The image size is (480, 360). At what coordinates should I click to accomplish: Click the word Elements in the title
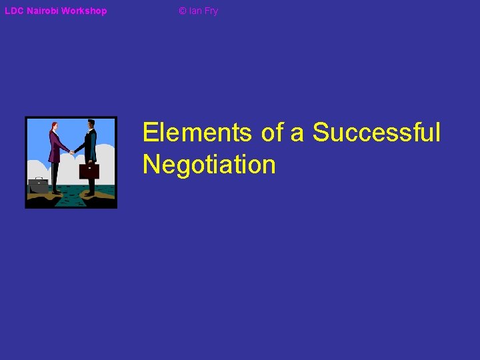pyautogui.click(x=197, y=132)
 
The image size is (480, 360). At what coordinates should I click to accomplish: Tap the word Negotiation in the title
pyautogui.click(x=209, y=164)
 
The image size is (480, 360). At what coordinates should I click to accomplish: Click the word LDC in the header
pyautogui.click(x=14, y=11)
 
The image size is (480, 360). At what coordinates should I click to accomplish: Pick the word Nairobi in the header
pyautogui.click(x=42, y=11)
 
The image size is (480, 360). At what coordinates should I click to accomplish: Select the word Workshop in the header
pyautogui.click(x=84, y=11)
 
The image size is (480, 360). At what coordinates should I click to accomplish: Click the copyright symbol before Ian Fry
pyautogui.click(x=183, y=11)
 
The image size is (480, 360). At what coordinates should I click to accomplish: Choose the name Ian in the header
pyautogui.click(x=195, y=11)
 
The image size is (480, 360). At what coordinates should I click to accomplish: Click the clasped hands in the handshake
pyautogui.click(x=71, y=152)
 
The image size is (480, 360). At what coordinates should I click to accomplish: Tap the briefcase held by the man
pyautogui.click(x=89, y=171)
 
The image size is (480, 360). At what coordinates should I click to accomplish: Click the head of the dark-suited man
pyautogui.click(x=91, y=125)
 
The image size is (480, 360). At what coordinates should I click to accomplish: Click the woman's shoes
pyautogui.click(x=56, y=192)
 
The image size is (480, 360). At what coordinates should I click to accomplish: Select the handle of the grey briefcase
pyautogui.click(x=39, y=179)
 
